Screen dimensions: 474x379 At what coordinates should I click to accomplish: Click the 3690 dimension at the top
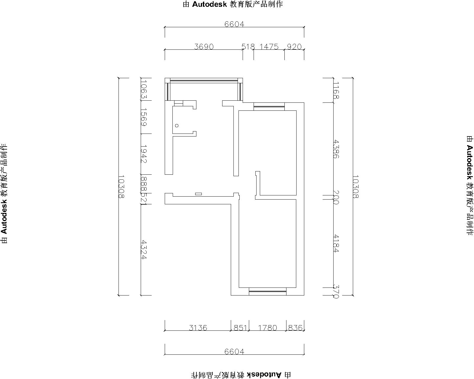(x=204, y=47)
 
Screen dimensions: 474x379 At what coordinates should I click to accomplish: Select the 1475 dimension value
(x=269, y=47)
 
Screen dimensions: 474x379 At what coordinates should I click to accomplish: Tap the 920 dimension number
(x=294, y=47)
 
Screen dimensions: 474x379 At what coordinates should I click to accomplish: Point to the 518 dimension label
(x=248, y=47)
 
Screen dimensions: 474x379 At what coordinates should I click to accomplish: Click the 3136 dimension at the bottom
(x=198, y=328)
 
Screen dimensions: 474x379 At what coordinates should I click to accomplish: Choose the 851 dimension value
(x=240, y=328)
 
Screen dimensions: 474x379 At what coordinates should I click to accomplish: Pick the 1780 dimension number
(x=268, y=328)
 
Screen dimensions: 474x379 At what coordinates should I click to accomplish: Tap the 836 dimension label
(x=295, y=328)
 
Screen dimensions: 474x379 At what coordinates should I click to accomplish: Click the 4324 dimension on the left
(x=144, y=250)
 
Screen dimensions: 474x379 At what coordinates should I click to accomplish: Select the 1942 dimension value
(x=144, y=154)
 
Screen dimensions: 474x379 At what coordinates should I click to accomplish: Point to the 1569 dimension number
(x=144, y=117)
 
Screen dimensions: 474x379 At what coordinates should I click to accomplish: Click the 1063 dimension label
(x=144, y=89)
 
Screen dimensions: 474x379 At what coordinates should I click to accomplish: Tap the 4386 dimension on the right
(x=336, y=149)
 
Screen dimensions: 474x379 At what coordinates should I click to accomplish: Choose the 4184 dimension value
(x=336, y=243)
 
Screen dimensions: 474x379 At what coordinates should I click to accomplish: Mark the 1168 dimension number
(x=336, y=90)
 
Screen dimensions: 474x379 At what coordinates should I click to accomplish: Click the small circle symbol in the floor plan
(x=177, y=126)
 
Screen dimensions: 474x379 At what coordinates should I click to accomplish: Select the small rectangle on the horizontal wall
(x=198, y=194)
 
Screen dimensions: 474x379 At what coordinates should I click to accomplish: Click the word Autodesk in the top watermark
(x=209, y=4)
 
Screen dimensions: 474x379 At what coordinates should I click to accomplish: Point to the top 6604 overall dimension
(x=234, y=24)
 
